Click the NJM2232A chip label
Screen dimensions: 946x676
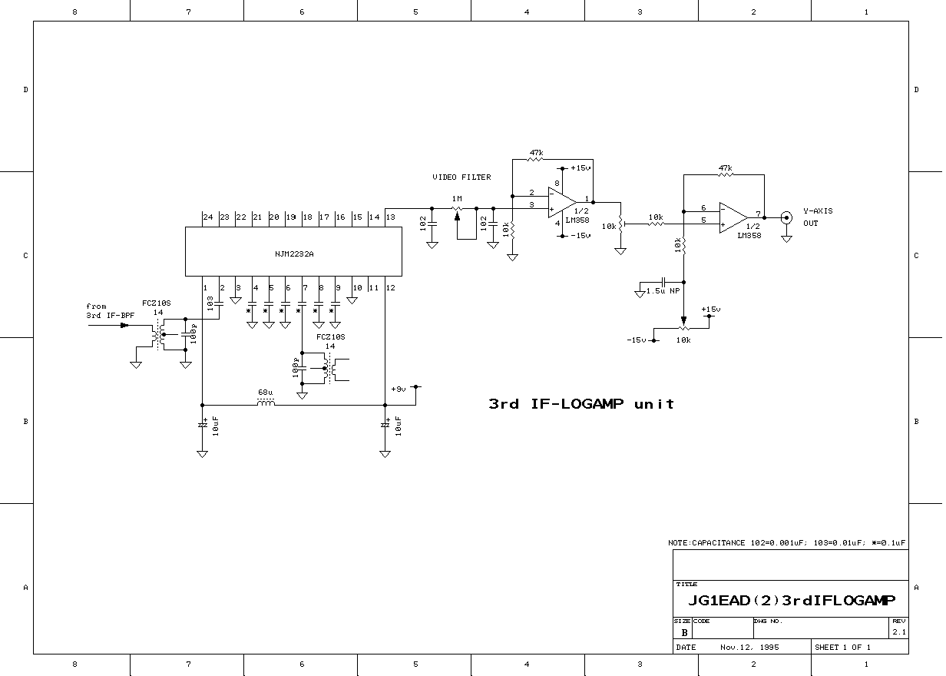[x=294, y=254]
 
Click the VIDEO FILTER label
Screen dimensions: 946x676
[x=461, y=177]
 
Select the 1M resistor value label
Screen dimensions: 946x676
[x=457, y=198]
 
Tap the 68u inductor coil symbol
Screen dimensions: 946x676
[x=266, y=403]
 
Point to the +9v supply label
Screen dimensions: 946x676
[x=399, y=389]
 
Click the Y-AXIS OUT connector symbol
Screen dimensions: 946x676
[x=786, y=218]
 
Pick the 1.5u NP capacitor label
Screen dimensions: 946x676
[x=663, y=290]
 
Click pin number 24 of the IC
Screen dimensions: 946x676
[x=208, y=217]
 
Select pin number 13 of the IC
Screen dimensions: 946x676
[x=391, y=217]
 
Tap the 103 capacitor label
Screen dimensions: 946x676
[x=210, y=303]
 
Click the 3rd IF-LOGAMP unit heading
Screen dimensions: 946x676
[x=581, y=404]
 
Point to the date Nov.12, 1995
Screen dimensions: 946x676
[x=749, y=648]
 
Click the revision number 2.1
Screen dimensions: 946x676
[x=899, y=632]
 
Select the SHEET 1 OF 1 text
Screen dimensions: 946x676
[x=842, y=648]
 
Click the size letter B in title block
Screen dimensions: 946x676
[x=684, y=632]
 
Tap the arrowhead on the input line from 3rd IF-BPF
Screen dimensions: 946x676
[x=124, y=326]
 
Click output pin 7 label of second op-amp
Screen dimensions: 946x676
[x=758, y=214]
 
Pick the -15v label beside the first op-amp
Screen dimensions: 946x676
[x=580, y=235]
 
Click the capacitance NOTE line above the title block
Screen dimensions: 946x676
[x=787, y=543]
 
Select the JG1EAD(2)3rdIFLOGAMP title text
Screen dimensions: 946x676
[x=792, y=600]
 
